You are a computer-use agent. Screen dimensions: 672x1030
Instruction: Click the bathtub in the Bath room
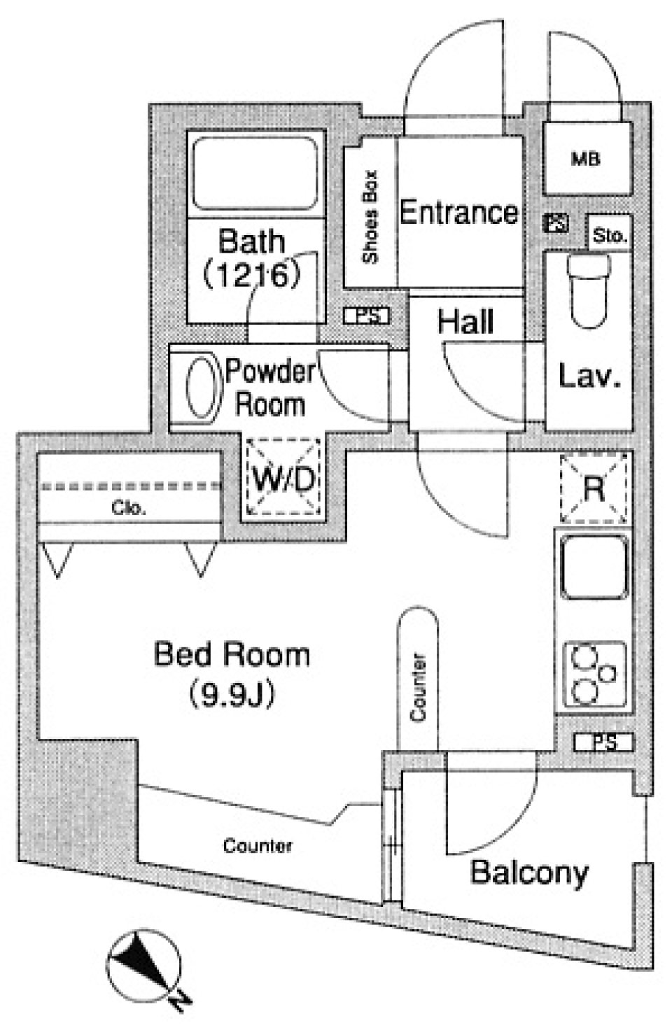254,174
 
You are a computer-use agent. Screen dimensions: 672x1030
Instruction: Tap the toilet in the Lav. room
589,291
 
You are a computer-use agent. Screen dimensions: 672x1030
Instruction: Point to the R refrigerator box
594,488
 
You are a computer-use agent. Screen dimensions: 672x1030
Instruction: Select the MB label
585,159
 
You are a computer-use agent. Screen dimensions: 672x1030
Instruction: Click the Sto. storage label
610,236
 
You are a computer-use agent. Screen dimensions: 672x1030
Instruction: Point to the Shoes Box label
370,217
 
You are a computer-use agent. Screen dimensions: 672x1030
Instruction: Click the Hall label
465,321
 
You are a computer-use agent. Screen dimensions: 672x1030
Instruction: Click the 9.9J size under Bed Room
232,695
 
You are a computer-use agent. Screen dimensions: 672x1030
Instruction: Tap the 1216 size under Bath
251,274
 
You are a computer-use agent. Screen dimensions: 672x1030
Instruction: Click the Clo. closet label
129,507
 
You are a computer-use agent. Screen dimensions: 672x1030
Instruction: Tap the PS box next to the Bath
367,316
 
